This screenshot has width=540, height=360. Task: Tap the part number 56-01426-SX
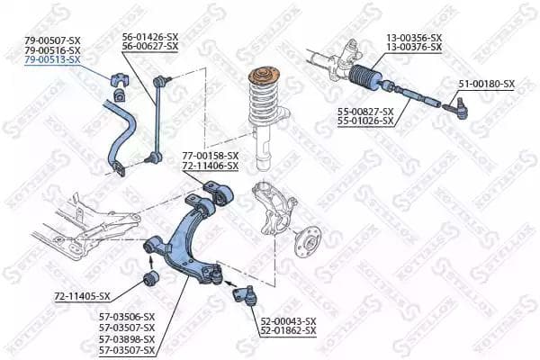click(x=150, y=37)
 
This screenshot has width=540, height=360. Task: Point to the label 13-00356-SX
click(x=414, y=37)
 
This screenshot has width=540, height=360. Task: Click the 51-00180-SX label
click(x=486, y=84)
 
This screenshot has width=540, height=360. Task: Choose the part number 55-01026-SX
click(x=365, y=120)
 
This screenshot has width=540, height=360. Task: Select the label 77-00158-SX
click(x=211, y=156)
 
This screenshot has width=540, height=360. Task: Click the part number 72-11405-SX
click(x=82, y=296)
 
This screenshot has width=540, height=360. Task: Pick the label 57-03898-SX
click(x=127, y=338)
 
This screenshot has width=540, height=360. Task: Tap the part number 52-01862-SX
click(x=289, y=330)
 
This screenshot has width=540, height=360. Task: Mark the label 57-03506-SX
click(x=127, y=317)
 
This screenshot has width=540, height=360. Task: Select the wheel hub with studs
click(x=310, y=244)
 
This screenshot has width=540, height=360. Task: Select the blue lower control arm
click(x=189, y=238)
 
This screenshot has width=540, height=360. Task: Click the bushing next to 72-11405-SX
click(x=152, y=276)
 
